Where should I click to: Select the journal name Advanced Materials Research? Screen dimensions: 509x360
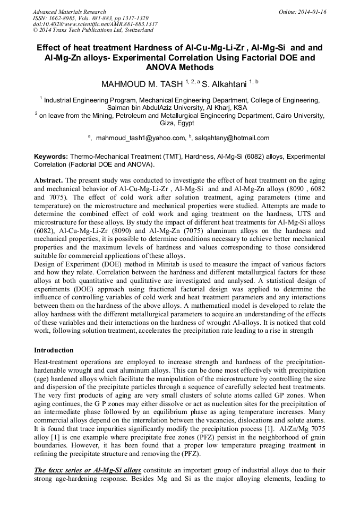point(69,12)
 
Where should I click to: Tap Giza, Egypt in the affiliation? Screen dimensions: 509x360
point(179,123)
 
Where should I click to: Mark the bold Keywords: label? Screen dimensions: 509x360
point(50,157)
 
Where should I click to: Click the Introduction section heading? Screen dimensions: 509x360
point(54,350)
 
